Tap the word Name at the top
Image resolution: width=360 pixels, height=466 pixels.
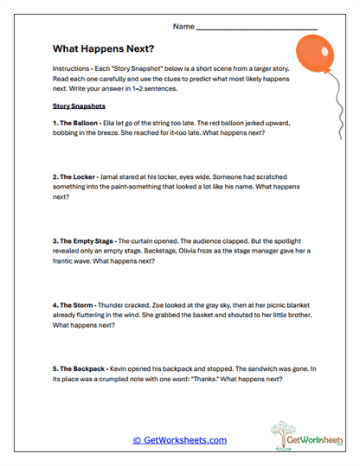click(x=183, y=26)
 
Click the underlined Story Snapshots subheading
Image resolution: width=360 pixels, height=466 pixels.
click(x=79, y=107)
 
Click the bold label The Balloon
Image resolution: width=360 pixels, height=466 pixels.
click(x=79, y=123)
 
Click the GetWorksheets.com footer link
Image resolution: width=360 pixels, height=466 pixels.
click(x=179, y=440)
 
